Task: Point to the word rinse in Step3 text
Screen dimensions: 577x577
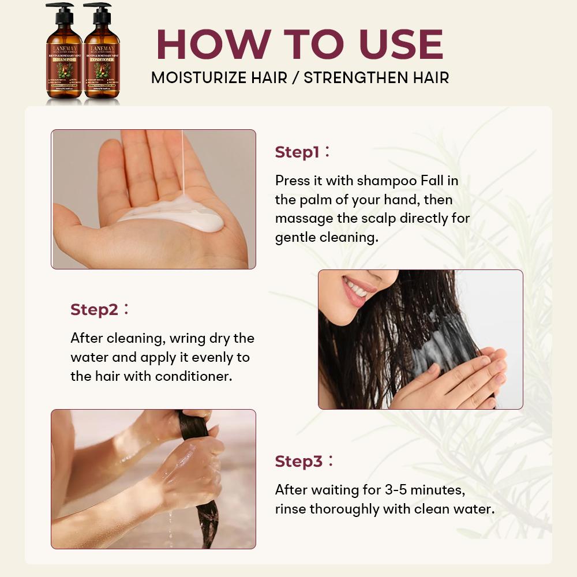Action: point(290,509)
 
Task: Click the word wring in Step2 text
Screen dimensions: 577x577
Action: point(180,338)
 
